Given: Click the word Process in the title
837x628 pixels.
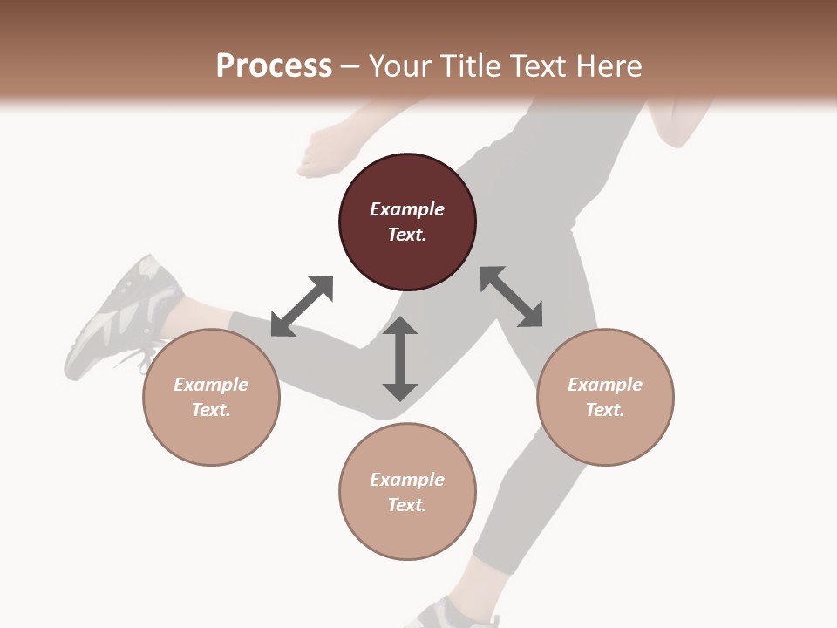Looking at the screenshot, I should point(274,65).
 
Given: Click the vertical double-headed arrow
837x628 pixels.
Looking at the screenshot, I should point(400,359).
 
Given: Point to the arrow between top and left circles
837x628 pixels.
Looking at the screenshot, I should point(302,306).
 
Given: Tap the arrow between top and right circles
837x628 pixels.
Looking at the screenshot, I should point(512,297).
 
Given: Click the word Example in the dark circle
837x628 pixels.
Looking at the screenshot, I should point(407,209).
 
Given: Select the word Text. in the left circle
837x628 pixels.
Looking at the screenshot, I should point(211,410).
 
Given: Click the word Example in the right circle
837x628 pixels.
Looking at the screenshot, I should point(605,385).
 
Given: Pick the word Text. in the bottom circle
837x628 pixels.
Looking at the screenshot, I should point(407,505).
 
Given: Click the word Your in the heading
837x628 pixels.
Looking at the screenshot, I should point(401,65).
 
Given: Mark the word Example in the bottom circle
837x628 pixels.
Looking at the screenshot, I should point(407,480).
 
